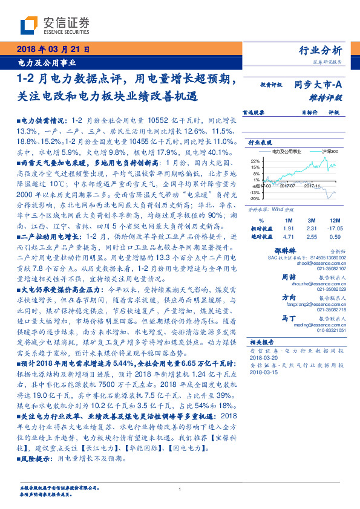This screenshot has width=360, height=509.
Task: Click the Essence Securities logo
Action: click(x=54, y=25)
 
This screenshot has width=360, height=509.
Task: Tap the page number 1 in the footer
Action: click(x=180, y=490)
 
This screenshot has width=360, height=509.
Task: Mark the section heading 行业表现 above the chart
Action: click(x=261, y=142)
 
